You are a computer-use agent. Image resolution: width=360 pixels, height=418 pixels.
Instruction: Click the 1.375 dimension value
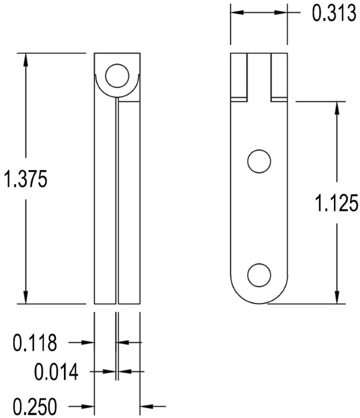click(27, 180)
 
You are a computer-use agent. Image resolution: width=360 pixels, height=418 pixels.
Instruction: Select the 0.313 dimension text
click(333, 13)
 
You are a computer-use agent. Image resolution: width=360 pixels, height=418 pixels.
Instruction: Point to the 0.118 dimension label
click(35, 343)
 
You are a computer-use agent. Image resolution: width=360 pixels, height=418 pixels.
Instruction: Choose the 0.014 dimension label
click(56, 371)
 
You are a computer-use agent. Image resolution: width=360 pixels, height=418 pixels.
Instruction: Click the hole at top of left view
click(117, 76)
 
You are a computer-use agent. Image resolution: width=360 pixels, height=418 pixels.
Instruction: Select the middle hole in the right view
click(259, 162)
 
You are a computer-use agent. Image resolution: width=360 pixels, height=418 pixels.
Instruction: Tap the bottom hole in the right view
click(259, 275)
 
